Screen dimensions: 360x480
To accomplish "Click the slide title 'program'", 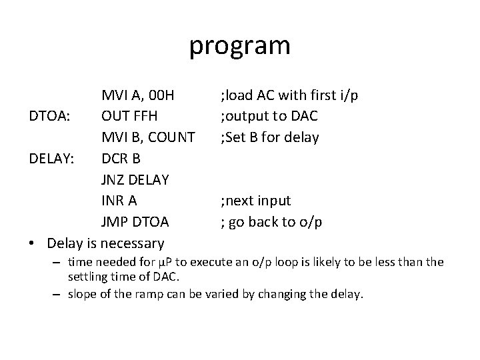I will pos(240,46).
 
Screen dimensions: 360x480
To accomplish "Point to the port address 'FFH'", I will pos(147,117).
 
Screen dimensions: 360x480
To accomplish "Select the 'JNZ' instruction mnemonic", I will pos(115,180).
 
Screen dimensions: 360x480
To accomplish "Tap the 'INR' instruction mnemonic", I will pos(114,201).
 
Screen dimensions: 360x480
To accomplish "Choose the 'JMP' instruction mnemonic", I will pos(116,222).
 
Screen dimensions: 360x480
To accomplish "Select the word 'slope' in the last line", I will pos(83,294).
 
